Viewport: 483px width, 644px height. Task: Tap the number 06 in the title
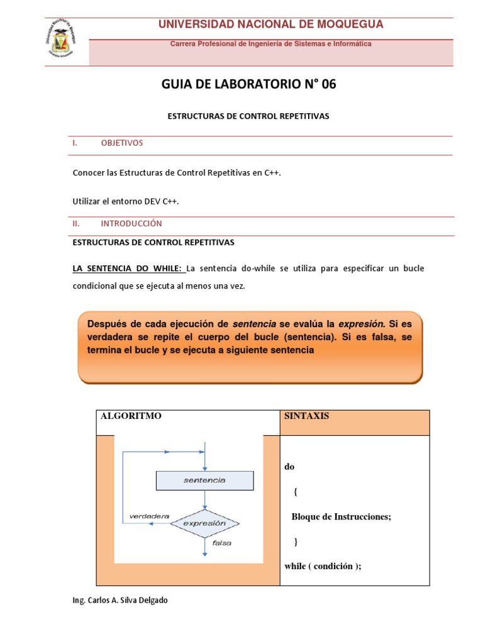(x=329, y=84)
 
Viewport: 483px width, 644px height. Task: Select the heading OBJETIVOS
(x=122, y=143)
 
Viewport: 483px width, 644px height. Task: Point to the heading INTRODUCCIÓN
(x=131, y=223)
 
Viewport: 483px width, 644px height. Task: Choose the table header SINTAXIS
(x=306, y=416)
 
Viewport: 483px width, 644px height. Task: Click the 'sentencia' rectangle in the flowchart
(x=204, y=480)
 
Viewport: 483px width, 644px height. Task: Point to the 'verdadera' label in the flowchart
(x=149, y=516)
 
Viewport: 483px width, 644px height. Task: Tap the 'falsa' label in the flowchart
(x=222, y=543)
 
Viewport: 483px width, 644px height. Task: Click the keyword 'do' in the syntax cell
(x=289, y=467)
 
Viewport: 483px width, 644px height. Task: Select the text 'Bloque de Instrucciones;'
(x=341, y=516)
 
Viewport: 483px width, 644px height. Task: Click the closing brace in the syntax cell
(x=296, y=541)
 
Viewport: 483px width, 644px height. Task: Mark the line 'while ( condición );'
(x=323, y=566)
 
